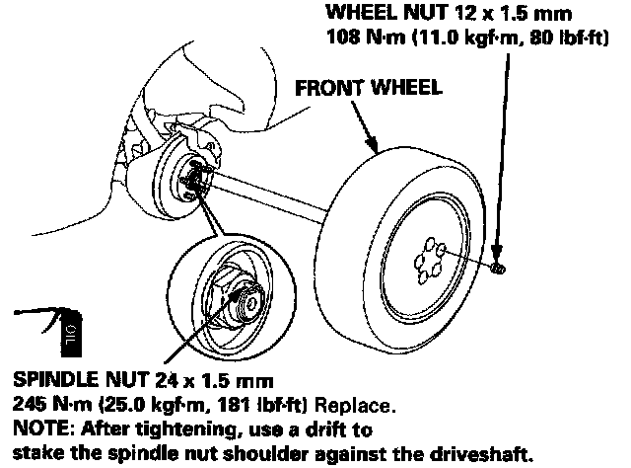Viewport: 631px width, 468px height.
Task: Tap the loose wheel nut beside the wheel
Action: coord(498,268)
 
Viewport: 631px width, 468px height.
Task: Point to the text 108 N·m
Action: coord(360,40)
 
